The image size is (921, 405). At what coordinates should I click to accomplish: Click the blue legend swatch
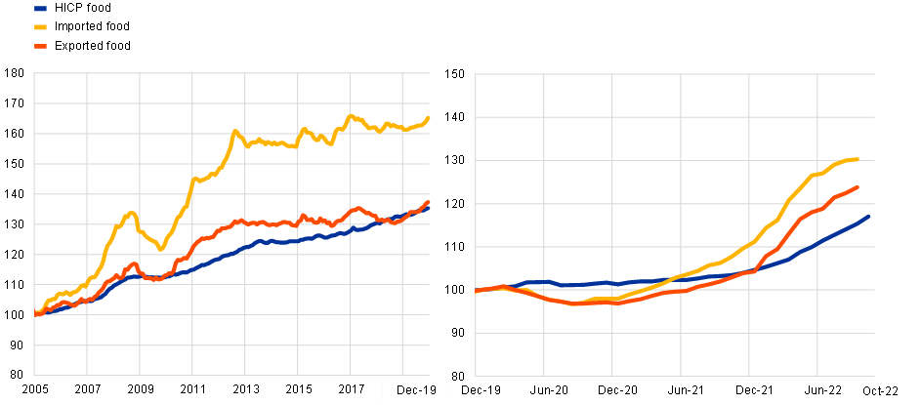tap(40, 8)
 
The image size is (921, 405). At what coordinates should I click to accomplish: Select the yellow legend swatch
tap(40, 27)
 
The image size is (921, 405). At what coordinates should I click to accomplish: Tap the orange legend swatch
tap(40, 46)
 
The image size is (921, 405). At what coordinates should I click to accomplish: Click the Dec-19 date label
tap(416, 390)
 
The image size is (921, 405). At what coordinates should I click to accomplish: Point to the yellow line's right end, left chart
tap(429, 117)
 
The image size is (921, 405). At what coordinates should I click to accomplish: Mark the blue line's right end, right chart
tap(868, 217)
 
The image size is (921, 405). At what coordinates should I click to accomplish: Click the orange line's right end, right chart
tap(858, 186)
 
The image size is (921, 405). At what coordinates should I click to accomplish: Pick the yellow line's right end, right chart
tap(857, 159)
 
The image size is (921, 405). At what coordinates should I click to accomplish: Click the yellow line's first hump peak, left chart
tap(131, 212)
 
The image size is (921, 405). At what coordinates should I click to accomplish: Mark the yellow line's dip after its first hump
tap(160, 249)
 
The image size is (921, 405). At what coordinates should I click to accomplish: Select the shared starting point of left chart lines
tap(36, 313)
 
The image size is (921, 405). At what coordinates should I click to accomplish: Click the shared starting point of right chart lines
tap(477, 291)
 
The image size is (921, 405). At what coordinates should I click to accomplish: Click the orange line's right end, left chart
tap(429, 202)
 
